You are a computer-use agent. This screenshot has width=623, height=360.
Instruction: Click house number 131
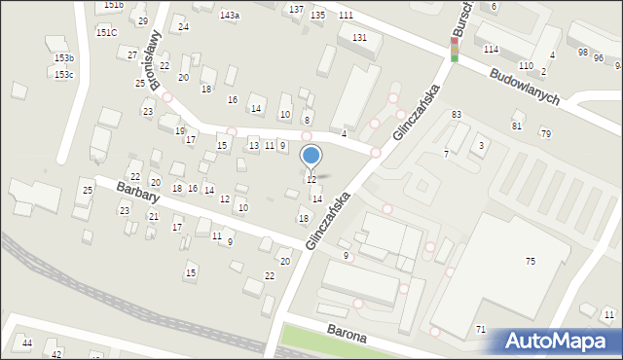point(360,37)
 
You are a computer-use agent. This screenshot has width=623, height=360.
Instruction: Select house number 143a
point(230,16)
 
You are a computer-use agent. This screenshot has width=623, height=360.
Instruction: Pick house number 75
point(531,262)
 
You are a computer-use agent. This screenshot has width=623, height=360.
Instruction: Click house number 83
point(456,115)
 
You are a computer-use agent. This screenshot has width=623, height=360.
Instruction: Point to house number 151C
point(106,32)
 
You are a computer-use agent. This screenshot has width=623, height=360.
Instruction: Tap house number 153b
point(63,59)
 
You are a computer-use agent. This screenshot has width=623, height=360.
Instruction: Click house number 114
point(491,49)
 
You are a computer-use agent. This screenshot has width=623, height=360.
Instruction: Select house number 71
point(481,330)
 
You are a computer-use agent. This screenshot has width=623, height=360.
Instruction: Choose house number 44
point(27,343)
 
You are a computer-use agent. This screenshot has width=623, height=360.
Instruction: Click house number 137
point(297,9)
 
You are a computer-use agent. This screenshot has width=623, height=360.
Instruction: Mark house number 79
point(545,133)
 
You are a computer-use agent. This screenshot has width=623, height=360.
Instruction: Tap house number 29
point(143,21)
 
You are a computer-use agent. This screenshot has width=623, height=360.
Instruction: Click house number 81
point(517,126)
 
